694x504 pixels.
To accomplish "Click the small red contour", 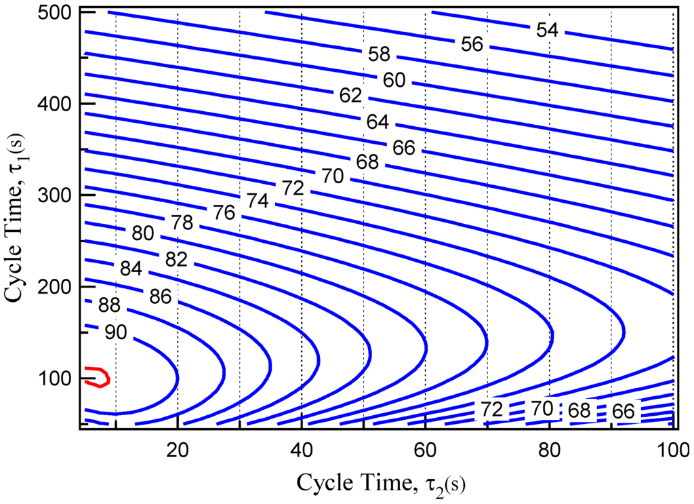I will tap(98, 376).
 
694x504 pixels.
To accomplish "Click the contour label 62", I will tap(350, 96).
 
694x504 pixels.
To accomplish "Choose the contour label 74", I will tap(258, 201).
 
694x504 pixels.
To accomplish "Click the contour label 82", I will tap(175, 259).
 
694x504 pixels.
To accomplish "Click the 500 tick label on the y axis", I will tap(60, 12).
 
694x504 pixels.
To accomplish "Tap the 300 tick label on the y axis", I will tap(60, 195).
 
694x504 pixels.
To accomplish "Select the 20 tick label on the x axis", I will tap(177, 448).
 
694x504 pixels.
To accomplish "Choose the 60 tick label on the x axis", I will tap(425, 448).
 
